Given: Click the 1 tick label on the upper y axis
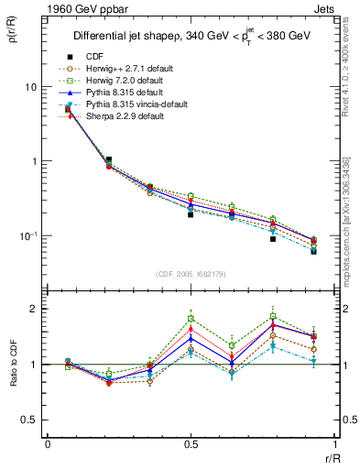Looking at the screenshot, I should pyautogui.click(x=34, y=161).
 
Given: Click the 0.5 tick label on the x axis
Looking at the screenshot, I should pyautogui.click(x=191, y=443).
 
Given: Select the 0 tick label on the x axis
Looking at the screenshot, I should pyautogui.click(x=48, y=443).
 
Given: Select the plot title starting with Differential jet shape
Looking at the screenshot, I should pyautogui.click(x=191, y=37).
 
